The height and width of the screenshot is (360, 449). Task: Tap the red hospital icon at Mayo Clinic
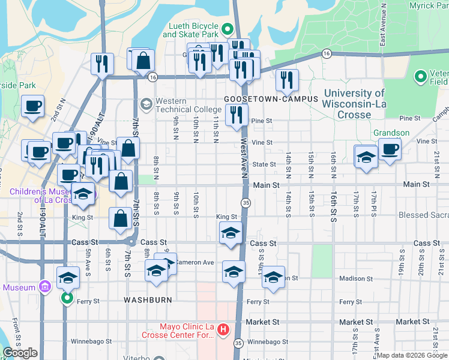tap(223, 329)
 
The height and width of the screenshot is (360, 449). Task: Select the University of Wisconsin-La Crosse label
tap(354, 103)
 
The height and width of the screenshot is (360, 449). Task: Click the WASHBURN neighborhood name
tap(148, 299)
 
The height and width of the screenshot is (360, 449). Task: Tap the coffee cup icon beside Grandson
tap(390, 149)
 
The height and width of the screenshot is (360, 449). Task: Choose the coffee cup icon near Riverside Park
tap(32, 106)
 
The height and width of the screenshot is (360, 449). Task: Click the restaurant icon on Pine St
tap(237, 113)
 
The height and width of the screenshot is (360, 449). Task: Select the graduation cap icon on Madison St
tap(273, 277)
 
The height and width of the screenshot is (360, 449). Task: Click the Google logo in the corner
tap(20, 353)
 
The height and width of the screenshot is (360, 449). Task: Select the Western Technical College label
tap(180, 106)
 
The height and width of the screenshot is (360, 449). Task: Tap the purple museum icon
tap(43, 288)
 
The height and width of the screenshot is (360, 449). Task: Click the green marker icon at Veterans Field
tap(421, 77)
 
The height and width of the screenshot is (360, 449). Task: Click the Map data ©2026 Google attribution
tap(411, 355)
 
